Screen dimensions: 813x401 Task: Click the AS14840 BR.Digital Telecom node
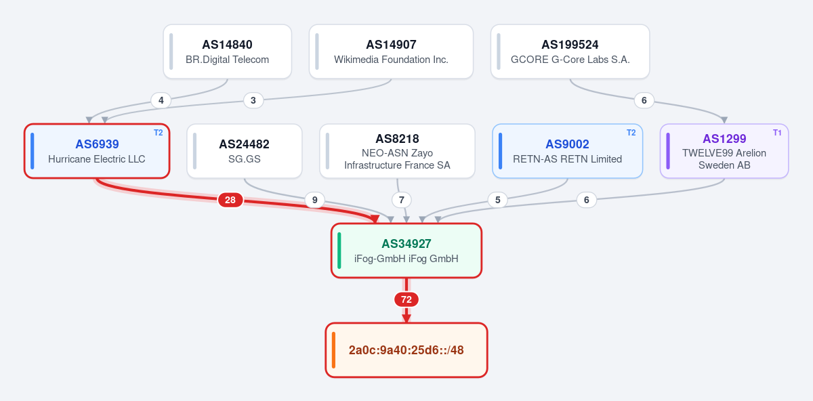coord(227,51)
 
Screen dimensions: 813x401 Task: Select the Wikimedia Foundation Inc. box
coord(391,51)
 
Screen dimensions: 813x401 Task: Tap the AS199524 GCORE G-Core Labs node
coord(570,51)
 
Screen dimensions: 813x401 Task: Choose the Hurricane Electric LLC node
coord(97,151)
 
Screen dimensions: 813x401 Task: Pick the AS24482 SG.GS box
coord(245,151)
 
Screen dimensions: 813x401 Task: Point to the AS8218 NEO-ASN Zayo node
coord(397,151)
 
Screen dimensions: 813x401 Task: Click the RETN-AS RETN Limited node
coord(567,151)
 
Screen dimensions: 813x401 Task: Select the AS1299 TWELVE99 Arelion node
coord(724,151)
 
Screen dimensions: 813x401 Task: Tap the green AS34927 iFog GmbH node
coord(406,251)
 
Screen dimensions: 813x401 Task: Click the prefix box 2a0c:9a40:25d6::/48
coord(406,350)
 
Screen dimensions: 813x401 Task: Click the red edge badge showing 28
coord(230,200)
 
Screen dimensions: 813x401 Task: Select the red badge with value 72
coord(406,299)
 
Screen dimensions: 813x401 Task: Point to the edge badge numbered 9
coord(314,200)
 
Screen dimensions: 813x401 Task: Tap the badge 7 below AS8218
coord(401,200)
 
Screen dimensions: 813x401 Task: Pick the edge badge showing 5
coord(497,200)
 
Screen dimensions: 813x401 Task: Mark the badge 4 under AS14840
coord(161,100)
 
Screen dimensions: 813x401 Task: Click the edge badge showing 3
coord(253,100)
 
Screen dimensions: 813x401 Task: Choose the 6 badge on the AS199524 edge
coord(644,100)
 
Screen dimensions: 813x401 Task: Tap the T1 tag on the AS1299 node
coord(777,133)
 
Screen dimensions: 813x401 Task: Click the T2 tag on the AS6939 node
coord(159,133)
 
